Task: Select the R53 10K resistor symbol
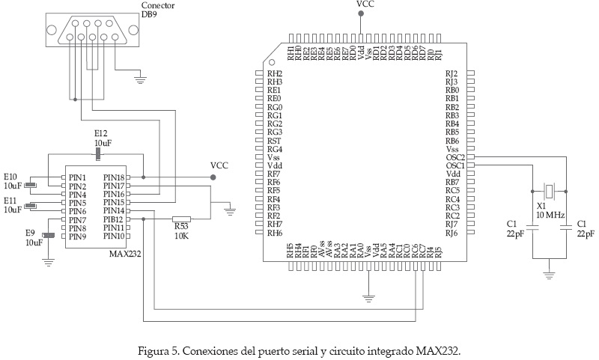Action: pyautogui.click(x=180, y=219)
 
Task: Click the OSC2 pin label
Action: pyautogui.click(x=455, y=157)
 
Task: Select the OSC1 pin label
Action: pyautogui.click(x=455, y=165)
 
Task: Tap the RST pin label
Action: pyautogui.click(x=273, y=140)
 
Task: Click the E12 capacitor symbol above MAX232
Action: pyautogui.click(x=98, y=154)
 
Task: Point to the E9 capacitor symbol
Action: pyautogui.click(x=49, y=237)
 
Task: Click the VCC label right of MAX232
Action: pyautogui.click(x=219, y=165)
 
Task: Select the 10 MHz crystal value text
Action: pyautogui.click(x=550, y=215)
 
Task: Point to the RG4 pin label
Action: pyautogui.click(x=274, y=149)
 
